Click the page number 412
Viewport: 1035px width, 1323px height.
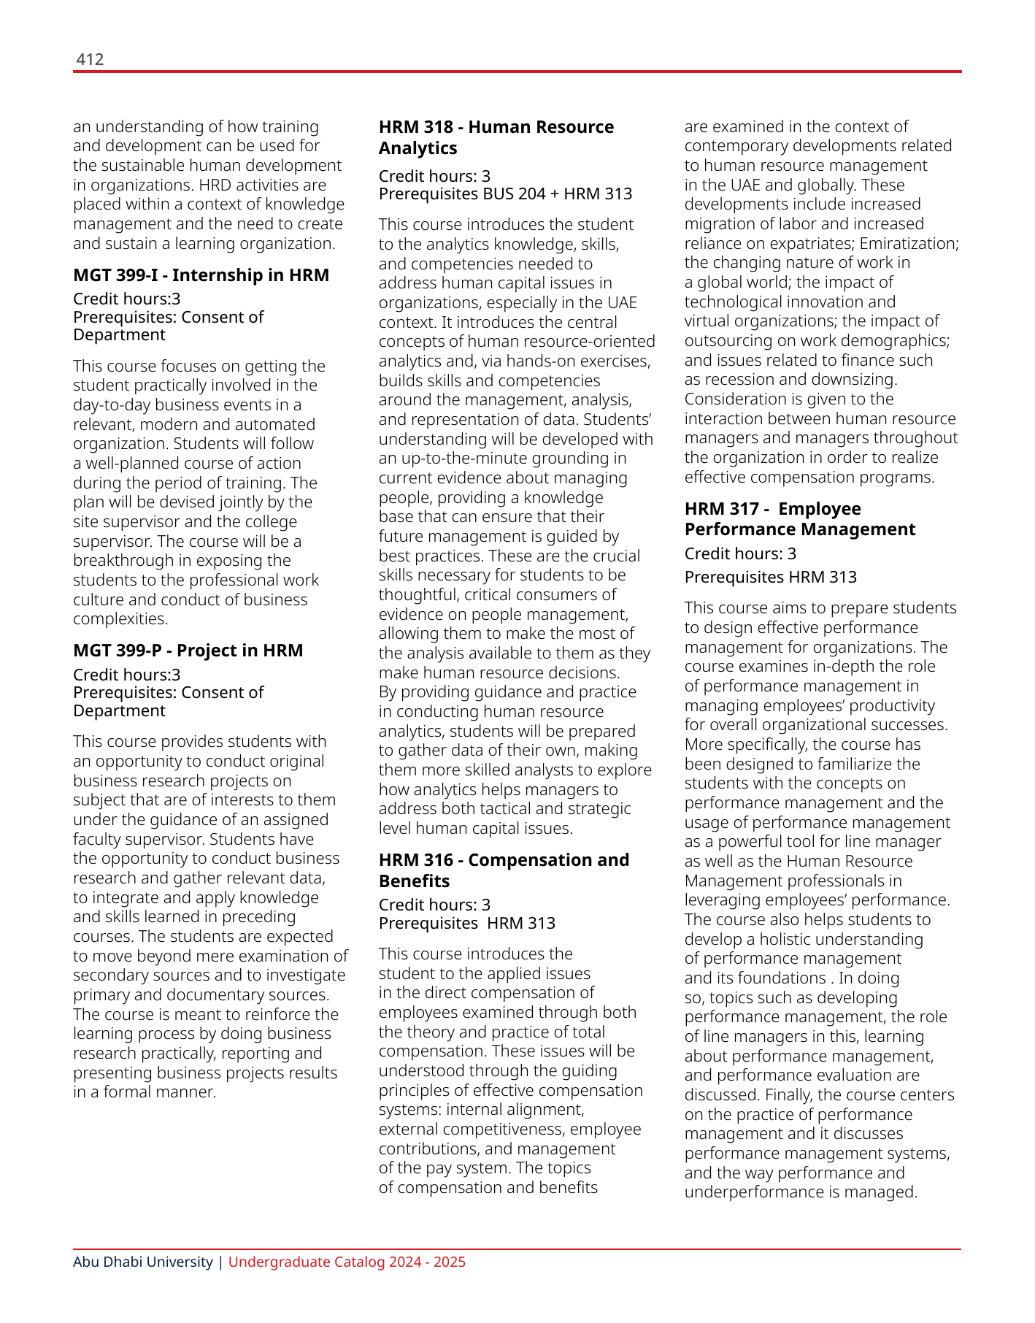coord(90,60)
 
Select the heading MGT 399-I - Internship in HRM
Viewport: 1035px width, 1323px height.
coord(201,275)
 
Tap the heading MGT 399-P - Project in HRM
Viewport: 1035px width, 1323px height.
coord(188,651)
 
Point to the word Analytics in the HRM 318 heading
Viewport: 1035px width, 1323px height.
coord(418,148)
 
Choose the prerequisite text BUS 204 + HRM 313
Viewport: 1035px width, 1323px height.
coord(558,193)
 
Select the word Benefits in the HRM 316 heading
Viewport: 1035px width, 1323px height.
coord(414,881)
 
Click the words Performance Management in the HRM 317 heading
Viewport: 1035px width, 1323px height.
coord(799,529)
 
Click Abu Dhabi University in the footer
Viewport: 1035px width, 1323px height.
coord(142,1262)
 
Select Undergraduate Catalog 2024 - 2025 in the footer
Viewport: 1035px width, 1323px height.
coord(347,1262)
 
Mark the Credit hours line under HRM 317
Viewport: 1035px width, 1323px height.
coord(740,553)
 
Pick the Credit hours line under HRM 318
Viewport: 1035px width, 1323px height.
coord(434,176)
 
